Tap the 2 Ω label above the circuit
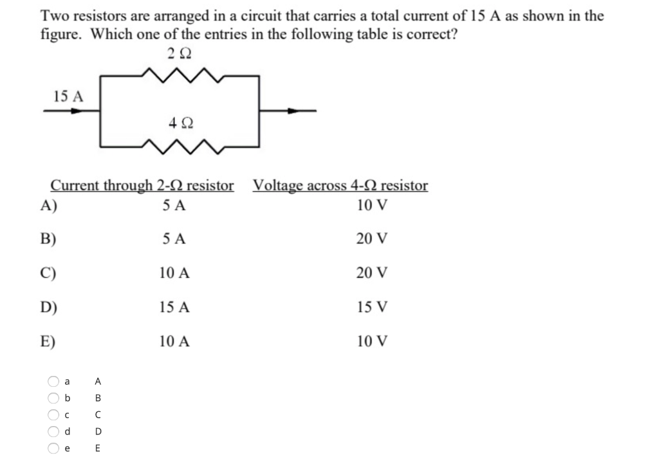tap(178, 54)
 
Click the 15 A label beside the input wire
tap(69, 96)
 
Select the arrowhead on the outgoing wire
tap(294, 111)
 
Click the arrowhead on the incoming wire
tap(77, 111)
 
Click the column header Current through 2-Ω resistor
tap(142, 186)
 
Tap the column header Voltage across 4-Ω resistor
tap(340, 186)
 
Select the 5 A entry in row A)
tap(174, 206)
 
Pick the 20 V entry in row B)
tap(372, 239)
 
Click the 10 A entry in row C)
tap(174, 273)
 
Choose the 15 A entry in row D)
tap(174, 307)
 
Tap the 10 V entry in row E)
tap(372, 341)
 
